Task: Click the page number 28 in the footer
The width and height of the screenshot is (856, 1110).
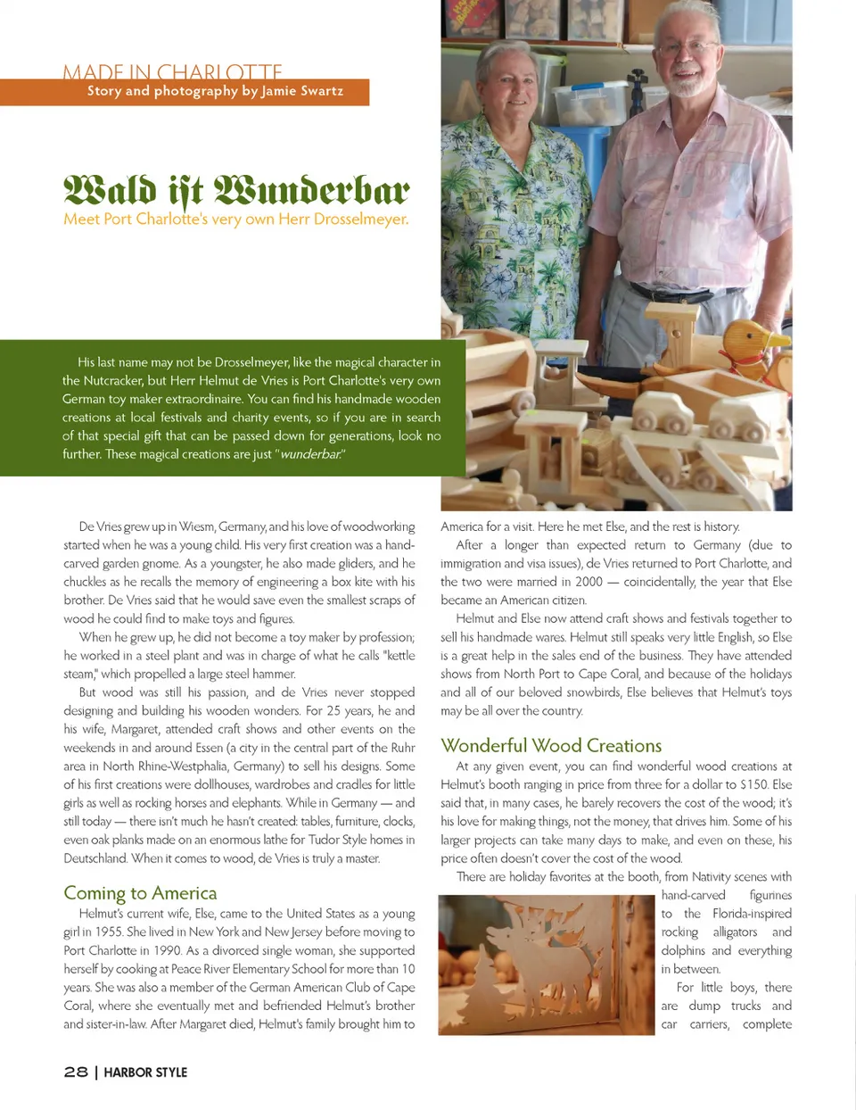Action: click(x=76, y=1072)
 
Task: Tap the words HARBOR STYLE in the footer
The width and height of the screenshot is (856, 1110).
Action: click(x=145, y=1072)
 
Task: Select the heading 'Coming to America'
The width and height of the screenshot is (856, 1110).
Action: click(x=140, y=892)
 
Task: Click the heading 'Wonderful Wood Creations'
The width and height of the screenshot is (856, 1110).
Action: click(x=551, y=745)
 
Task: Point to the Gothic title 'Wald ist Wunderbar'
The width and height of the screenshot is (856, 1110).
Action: click(x=236, y=189)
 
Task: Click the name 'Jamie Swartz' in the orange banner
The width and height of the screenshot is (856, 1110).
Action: click(x=302, y=91)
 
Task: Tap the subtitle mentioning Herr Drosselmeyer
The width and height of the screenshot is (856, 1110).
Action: click(x=235, y=219)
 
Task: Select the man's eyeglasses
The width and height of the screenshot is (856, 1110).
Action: click(x=687, y=46)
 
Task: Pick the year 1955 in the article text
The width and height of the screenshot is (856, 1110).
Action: click(x=109, y=932)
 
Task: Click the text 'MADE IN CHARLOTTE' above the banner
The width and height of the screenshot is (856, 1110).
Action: click(x=172, y=71)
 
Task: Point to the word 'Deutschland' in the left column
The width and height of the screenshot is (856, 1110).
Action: click(x=95, y=858)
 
